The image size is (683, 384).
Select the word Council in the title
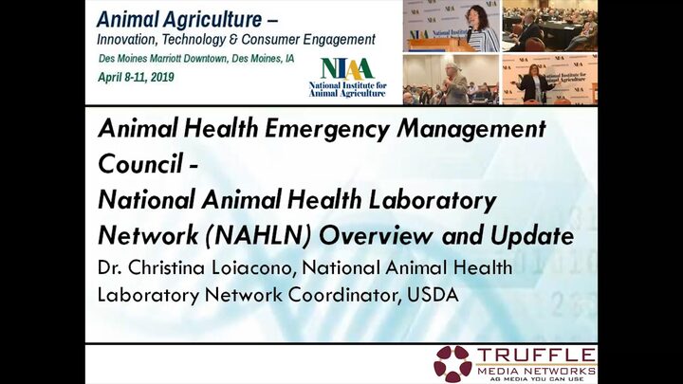coord(140,164)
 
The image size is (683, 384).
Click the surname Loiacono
coord(251,267)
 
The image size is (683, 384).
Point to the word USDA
coord(433,295)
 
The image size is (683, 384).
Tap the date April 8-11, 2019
coord(136,77)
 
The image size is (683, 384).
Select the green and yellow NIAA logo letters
coord(347,68)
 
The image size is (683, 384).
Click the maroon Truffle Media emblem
coord(452,364)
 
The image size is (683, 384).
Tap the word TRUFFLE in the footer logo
coord(535,356)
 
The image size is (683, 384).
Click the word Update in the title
coord(532,236)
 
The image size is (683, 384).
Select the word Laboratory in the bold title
coord(433,200)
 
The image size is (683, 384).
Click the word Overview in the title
coord(376,236)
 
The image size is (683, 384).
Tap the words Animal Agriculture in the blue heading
coord(179,20)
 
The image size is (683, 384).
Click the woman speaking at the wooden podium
coord(481,28)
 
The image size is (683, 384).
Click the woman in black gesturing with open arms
coord(534,83)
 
